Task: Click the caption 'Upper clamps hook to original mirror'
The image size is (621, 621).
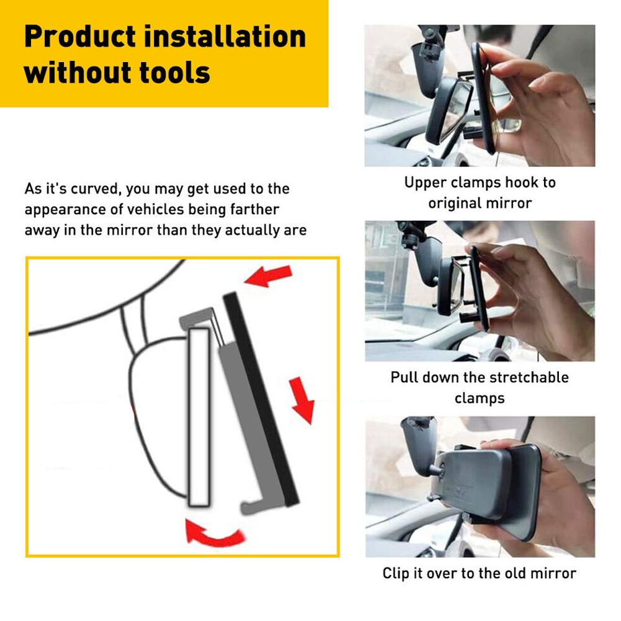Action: [480, 193]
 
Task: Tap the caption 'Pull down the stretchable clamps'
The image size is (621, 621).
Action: [480, 388]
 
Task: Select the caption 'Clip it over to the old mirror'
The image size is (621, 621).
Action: [480, 573]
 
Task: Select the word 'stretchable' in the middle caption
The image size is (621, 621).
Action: [529, 378]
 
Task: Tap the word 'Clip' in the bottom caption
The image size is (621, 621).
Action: [396, 573]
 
